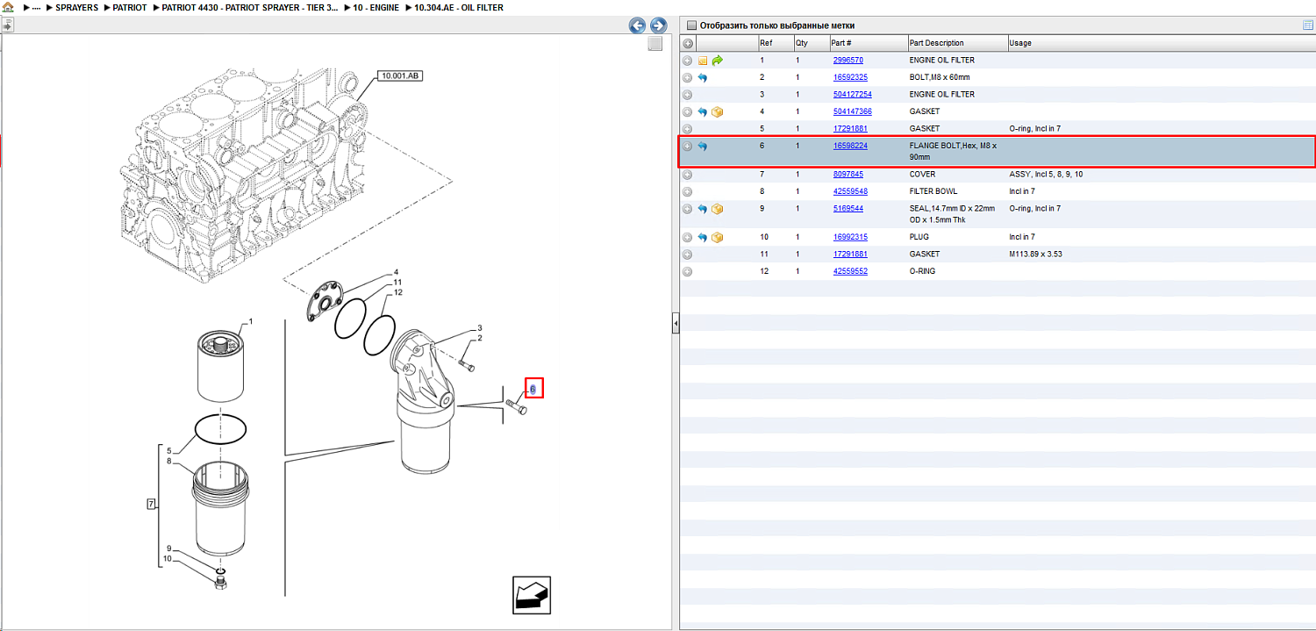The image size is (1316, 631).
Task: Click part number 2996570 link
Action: [x=848, y=60]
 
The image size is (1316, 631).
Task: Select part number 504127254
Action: [x=852, y=94]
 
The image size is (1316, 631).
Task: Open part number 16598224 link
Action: [x=849, y=146]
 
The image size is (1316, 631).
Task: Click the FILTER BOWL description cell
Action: [x=933, y=191]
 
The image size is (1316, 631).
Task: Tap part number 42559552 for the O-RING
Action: [x=849, y=271]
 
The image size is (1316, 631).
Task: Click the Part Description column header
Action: [x=936, y=43]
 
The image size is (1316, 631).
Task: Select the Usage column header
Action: [x=1019, y=43]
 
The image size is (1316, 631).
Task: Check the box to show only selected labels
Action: [x=691, y=25]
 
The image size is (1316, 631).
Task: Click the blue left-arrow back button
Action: [x=637, y=25]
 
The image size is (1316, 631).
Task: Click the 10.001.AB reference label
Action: [x=399, y=75]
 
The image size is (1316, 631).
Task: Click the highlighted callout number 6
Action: [x=533, y=389]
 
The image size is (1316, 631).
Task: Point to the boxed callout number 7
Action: [x=151, y=504]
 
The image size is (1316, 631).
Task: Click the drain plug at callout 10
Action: [x=221, y=584]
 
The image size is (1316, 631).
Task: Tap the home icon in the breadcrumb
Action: [x=8, y=7]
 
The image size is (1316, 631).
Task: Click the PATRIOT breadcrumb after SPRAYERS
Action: [x=130, y=8]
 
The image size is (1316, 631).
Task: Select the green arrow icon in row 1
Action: [x=718, y=61]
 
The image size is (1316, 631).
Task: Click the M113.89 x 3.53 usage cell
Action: [x=1035, y=255]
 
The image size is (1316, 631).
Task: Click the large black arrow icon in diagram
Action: [x=532, y=595]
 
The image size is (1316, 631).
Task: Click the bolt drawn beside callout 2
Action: [x=467, y=366]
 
